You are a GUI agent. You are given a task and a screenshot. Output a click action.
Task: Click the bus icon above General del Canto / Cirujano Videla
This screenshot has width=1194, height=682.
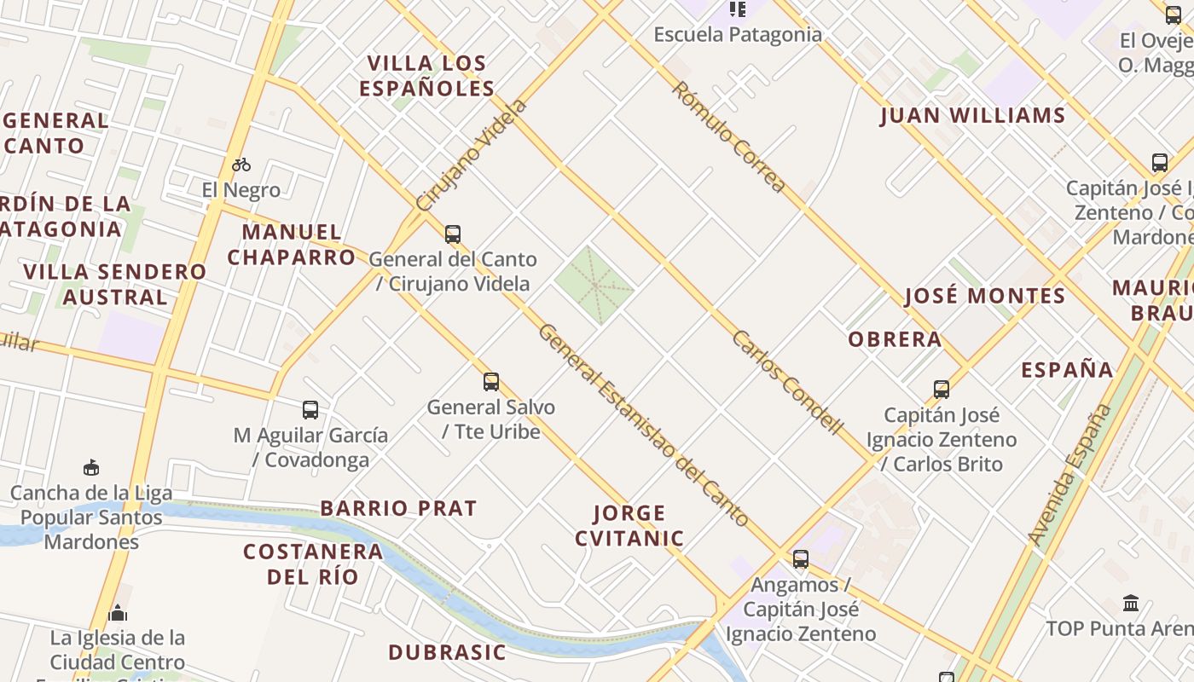click(x=453, y=234)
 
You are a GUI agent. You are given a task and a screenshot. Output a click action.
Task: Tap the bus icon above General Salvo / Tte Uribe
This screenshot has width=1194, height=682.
click(x=491, y=381)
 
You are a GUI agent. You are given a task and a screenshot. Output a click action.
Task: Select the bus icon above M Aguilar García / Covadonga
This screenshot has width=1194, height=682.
click(x=310, y=410)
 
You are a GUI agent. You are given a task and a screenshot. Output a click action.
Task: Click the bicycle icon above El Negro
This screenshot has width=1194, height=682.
click(x=241, y=165)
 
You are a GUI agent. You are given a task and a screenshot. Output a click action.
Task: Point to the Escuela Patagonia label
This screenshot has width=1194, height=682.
click(x=738, y=35)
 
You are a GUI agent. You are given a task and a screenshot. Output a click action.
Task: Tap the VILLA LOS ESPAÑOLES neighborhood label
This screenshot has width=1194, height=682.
click(x=426, y=76)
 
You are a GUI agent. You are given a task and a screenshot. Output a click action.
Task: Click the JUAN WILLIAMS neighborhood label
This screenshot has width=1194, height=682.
click(x=972, y=116)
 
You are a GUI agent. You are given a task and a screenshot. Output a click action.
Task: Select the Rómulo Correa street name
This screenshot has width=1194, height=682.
click(x=727, y=137)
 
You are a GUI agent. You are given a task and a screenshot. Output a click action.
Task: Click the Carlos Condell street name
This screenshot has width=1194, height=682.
click(x=787, y=383)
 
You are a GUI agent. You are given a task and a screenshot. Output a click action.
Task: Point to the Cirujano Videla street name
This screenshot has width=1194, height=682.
click(x=472, y=155)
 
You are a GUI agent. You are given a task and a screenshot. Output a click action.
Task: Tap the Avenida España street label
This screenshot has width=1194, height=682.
click(x=1070, y=474)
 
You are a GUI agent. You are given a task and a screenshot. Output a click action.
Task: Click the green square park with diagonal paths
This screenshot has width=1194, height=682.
click(x=594, y=286)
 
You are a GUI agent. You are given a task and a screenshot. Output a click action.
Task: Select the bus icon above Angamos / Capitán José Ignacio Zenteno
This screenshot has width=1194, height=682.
click(x=800, y=559)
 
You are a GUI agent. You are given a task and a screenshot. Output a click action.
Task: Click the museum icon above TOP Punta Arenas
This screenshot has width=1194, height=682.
click(x=1131, y=604)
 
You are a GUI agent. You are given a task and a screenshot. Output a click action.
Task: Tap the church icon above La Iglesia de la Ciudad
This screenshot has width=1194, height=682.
click(x=118, y=613)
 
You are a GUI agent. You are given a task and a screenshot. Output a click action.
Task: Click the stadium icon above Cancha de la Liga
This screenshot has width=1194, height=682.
click(x=91, y=467)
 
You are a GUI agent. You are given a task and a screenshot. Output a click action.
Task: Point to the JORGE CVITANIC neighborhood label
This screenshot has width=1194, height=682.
click(x=629, y=525)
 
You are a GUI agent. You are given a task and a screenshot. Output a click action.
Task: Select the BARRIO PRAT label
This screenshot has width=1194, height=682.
click(x=398, y=508)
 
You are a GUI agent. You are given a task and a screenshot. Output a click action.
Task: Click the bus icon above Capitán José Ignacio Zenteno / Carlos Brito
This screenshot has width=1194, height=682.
click(x=942, y=390)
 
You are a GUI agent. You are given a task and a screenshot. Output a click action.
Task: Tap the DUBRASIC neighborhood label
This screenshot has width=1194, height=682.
click(x=447, y=653)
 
